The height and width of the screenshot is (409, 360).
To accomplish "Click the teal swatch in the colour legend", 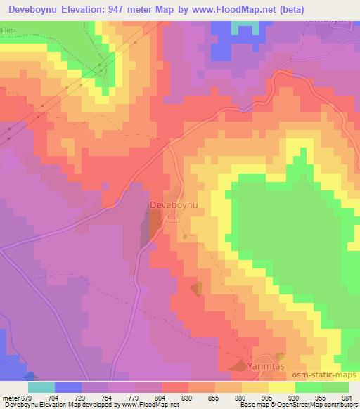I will coord(41,387).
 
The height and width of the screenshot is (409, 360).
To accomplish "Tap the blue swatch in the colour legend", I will coord(68,387).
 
